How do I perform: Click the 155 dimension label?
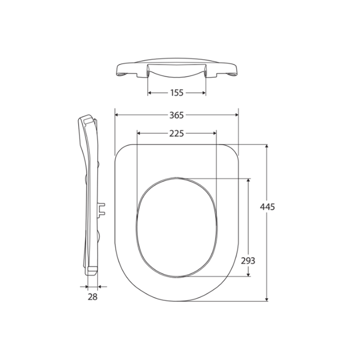[x=177, y=93]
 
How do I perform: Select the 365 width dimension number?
[x=177, y=115]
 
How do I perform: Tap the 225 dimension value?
[x=177, y=134]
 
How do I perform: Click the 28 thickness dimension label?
[x=92, y=297]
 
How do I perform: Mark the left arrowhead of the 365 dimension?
[x=116, y=115]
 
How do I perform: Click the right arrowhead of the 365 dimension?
[x=237, y=115]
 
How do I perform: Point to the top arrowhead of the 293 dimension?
[x=249, y=181]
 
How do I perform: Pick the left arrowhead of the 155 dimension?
[x=150, y=93]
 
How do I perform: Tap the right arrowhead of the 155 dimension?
[x=204, y=93]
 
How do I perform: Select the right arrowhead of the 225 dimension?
[x=214, y=134]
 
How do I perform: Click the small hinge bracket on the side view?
[x=102, y=208]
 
